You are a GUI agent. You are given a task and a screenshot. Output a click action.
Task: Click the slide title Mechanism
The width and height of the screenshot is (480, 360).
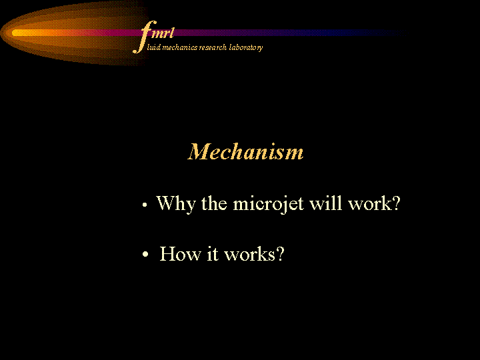[245, 151]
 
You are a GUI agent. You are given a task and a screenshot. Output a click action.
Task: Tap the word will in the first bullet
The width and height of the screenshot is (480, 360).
[325, 203]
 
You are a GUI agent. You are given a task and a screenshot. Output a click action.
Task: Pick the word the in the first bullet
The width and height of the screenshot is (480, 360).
[214, 203]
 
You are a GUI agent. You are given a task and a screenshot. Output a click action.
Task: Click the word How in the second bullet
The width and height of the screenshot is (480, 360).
[180, 254]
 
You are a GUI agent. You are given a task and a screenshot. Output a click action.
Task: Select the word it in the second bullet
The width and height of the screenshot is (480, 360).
[213, 254]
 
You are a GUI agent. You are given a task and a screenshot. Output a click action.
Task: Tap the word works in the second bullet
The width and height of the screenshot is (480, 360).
[249, 254]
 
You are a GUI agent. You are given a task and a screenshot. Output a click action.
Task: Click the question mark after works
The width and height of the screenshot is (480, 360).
[280, 254]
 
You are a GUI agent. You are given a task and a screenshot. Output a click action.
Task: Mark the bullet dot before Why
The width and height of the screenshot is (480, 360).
[145, 205]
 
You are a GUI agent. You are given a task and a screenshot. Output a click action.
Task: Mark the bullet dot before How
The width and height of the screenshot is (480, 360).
[145, 254]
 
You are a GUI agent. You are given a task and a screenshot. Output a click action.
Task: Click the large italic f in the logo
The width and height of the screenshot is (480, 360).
[144, 37]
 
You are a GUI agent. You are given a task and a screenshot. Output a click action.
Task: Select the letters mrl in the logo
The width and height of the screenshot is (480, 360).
[163, 33]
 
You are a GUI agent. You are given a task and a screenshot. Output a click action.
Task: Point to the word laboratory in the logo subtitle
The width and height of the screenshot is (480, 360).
[246, 48]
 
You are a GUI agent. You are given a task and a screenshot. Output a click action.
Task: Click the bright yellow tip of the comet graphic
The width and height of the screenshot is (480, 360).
[19, 33]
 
